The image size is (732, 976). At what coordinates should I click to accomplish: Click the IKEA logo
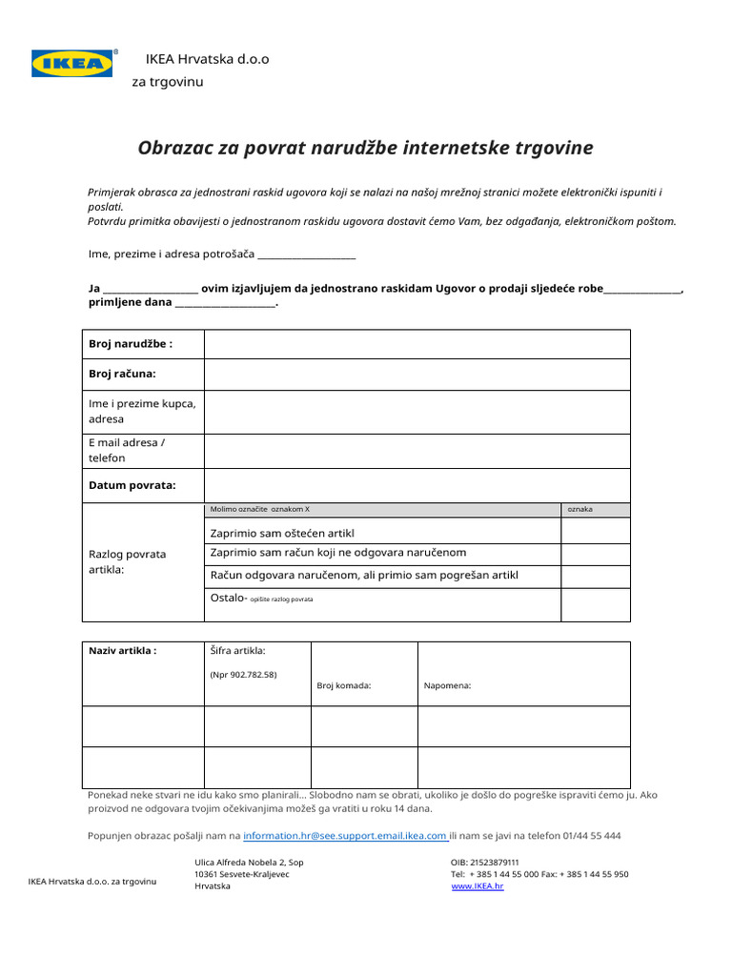pos(72,64)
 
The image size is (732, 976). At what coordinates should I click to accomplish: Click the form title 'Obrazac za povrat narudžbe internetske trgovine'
pos(365,148)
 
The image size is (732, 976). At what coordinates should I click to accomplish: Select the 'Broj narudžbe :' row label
pos(131,344)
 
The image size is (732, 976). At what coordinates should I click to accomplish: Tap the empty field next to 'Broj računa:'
pos(417,375)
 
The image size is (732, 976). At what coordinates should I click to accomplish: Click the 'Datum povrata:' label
pos(132,485)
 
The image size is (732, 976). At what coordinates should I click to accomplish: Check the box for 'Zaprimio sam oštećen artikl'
pos(595,531)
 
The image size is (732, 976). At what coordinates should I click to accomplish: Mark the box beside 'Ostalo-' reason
pos(595,603)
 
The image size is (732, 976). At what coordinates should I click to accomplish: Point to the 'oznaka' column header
pos(579,510)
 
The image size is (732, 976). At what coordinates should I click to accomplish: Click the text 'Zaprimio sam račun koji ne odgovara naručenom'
pos(337,553)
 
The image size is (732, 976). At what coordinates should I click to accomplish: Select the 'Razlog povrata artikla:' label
pos(127,561)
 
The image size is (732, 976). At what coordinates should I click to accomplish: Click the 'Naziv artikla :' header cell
pos(122,651)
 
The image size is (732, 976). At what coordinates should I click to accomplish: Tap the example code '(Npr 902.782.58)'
pos(243,675)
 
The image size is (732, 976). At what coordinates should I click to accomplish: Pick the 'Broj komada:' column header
pos(343,685)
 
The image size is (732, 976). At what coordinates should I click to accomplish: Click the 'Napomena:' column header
pos(447,685)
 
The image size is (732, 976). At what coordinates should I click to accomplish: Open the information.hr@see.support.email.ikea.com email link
pos(345,836)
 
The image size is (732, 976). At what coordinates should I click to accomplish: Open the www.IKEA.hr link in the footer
pos(477,886)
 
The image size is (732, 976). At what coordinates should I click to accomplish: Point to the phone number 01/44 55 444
pos(592,836)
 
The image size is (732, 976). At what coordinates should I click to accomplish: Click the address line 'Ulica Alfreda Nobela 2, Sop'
pos(249,862)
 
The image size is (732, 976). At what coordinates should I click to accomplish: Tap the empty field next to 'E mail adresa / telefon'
pos(417,450)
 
